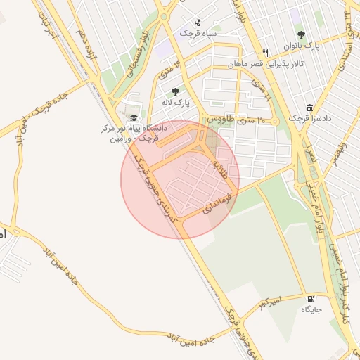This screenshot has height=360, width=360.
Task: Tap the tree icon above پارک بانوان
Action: click(301, 34)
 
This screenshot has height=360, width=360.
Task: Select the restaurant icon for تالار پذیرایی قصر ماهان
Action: click(265, 53)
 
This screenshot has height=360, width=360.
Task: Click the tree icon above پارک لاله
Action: click(174, 91)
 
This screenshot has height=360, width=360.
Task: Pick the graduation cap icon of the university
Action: click(133, 118)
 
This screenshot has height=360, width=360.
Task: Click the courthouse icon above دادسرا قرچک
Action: click(309, 108)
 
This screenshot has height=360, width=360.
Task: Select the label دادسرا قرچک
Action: click(304, 119)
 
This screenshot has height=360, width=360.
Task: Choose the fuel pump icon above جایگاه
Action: click(311, 298)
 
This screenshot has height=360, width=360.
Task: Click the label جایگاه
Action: click(311, 309)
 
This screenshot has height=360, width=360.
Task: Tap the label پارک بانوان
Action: click(302, 46)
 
